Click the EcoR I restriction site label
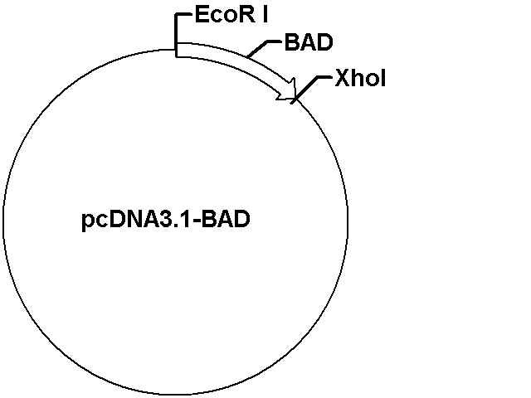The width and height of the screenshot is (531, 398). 231,15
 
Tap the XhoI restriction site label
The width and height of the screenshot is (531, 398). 360,79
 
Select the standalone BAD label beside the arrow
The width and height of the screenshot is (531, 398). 309,42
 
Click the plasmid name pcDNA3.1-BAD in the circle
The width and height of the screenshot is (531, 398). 166,220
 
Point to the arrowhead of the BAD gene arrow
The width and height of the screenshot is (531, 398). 289,90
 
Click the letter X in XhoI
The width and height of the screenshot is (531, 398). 343,79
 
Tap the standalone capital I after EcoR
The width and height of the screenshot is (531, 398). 265,15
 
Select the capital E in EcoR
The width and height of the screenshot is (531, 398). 202,15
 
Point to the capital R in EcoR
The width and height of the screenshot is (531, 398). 248,15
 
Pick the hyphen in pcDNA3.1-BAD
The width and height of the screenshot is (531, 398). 197,222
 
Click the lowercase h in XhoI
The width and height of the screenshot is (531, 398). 358,79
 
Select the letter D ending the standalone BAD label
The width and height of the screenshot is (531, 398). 325,42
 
